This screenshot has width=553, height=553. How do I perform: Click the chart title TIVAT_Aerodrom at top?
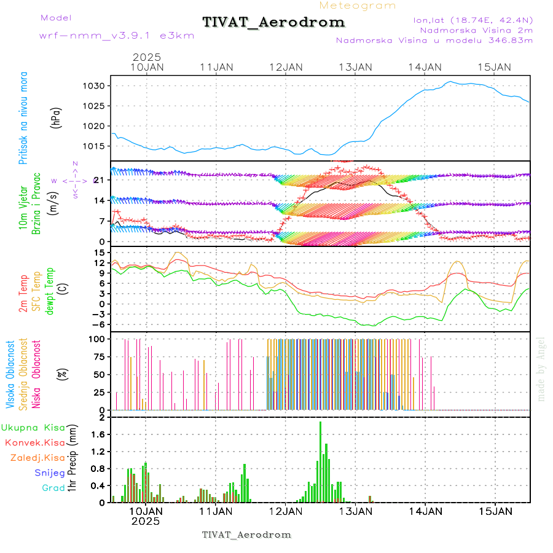[273, 23]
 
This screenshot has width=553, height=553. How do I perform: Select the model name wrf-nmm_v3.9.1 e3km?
[117, 36]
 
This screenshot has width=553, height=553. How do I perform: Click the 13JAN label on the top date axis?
[356, 67]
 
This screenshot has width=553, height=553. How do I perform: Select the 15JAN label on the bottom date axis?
[495, 511]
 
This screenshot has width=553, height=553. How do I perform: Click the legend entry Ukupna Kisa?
[33, 428]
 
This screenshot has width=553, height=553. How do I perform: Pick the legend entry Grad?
[53, 488]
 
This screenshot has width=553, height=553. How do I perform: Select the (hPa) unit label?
[56, 117]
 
